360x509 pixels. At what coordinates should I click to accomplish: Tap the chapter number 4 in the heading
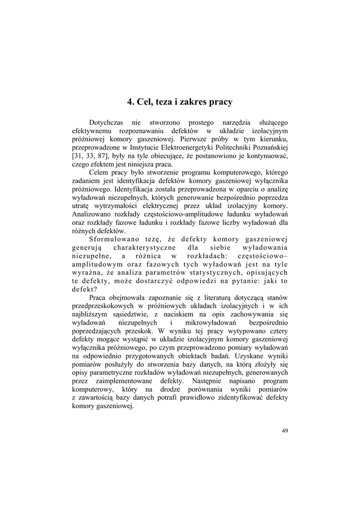129,102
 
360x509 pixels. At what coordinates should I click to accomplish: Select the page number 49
284,430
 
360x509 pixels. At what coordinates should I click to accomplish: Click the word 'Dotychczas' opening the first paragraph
105,122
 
